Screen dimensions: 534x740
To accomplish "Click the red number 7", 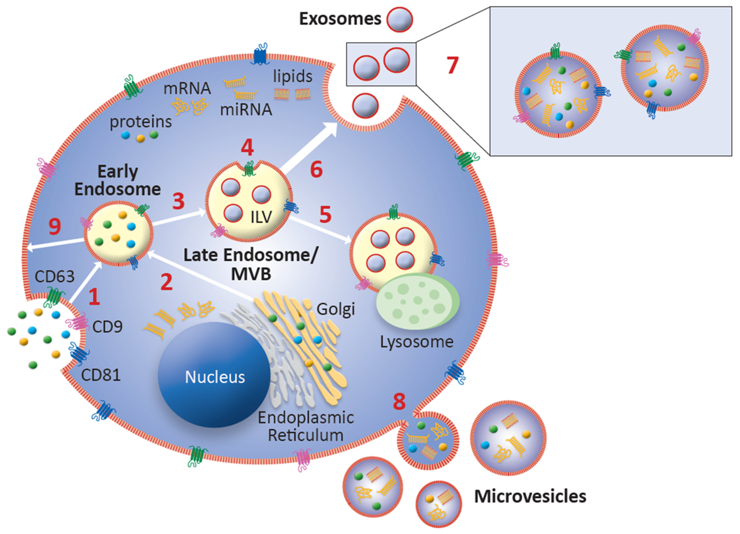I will (x=452, y=65).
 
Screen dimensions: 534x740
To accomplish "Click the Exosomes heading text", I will (x=340, y=19).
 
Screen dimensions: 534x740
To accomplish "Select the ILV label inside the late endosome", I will (x=261, y=217).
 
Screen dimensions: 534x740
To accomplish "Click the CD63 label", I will (x=54, y=277).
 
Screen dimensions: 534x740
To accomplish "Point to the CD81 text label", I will (x=101, y=375).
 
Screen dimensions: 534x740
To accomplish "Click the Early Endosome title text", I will (x=118, y=180).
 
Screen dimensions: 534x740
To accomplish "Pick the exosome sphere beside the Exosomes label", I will (x=399, y=20).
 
